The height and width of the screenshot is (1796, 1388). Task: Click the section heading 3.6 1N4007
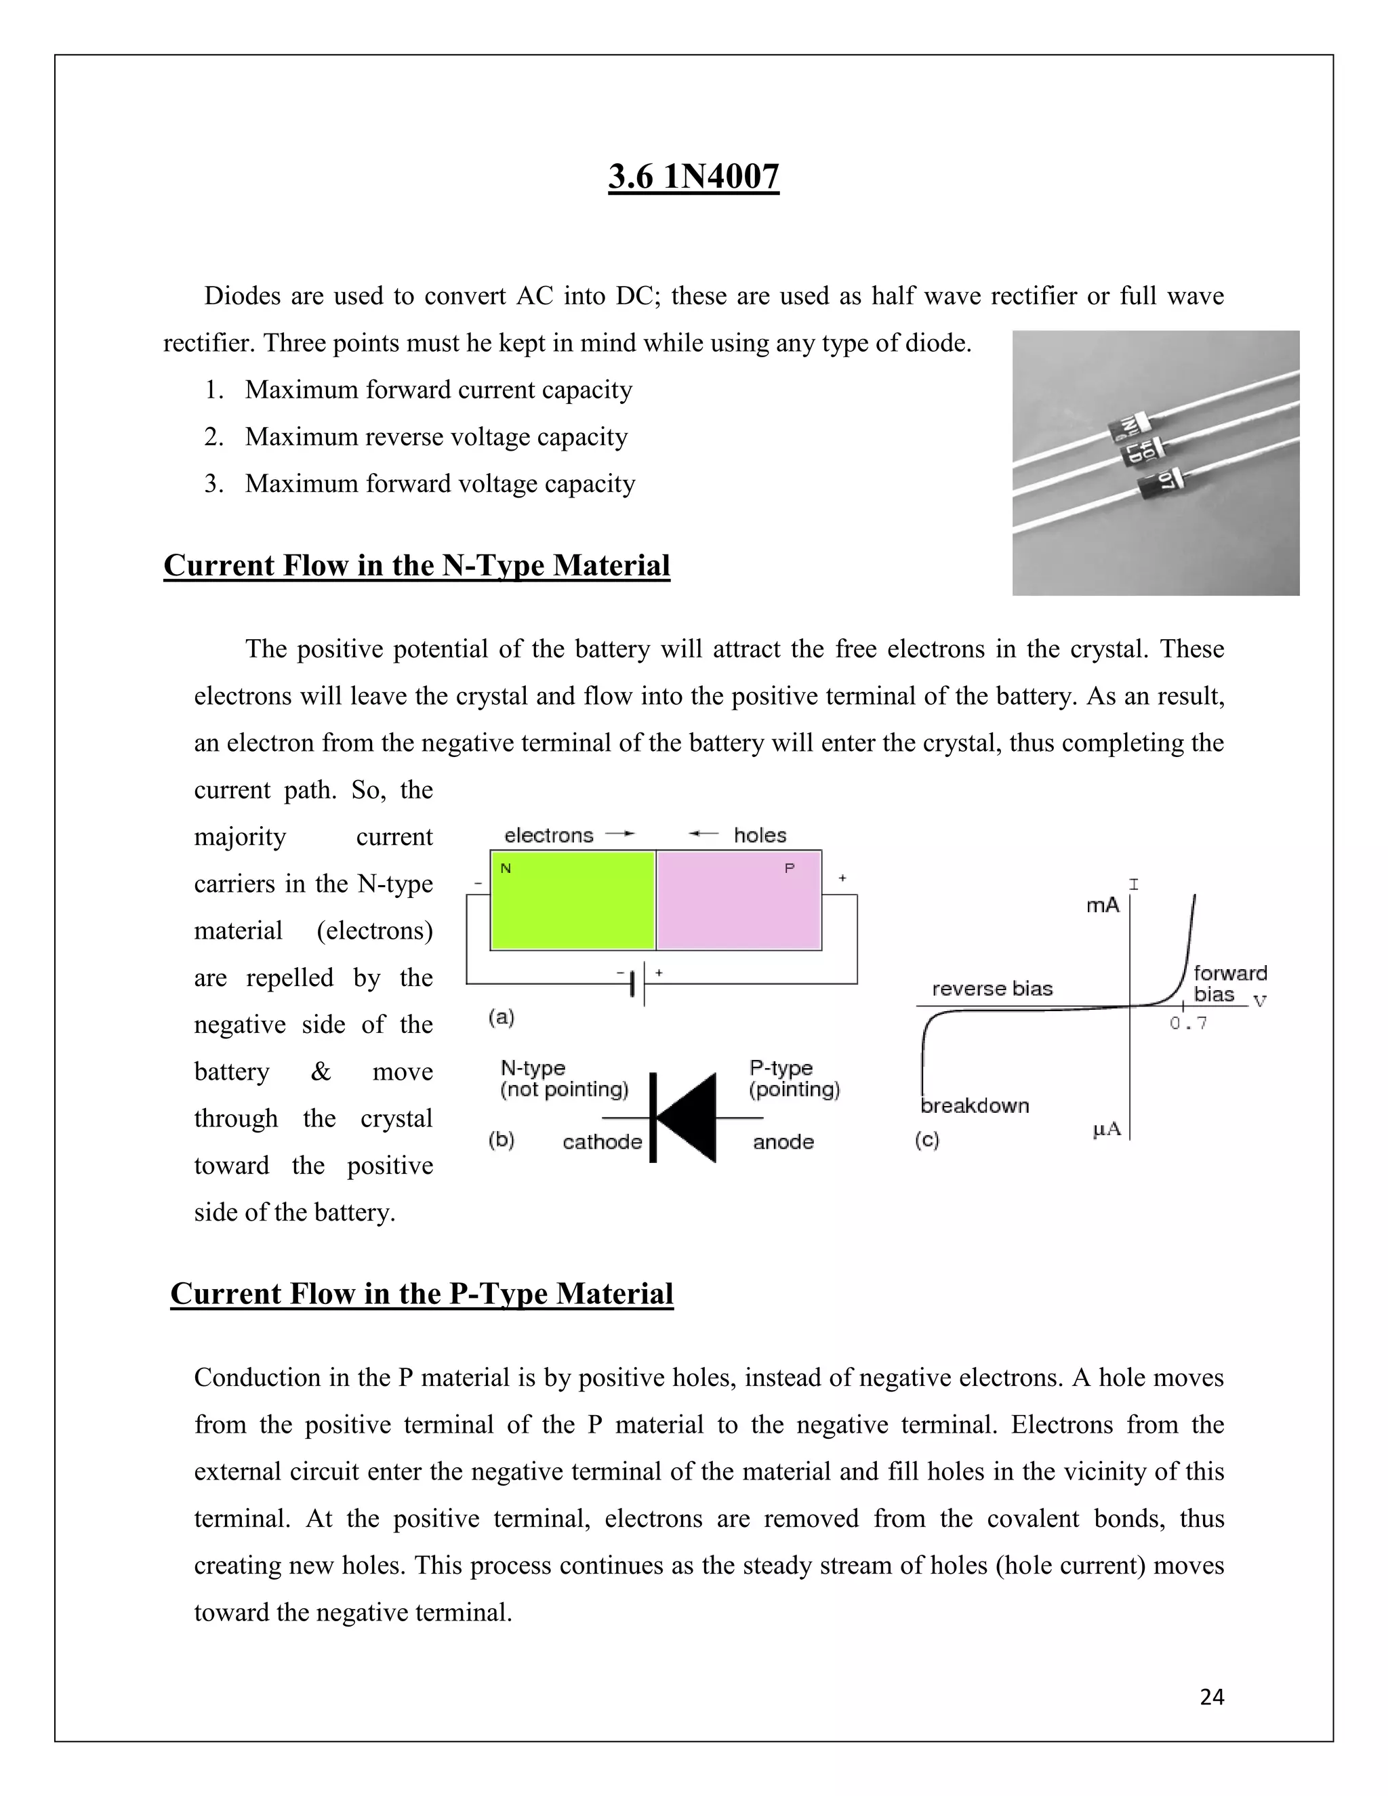click(693, 177)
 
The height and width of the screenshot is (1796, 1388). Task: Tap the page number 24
click(1211, 1696)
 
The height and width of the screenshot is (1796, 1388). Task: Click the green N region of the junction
click(572, 901)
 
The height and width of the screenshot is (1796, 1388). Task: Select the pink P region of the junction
click(739, 901)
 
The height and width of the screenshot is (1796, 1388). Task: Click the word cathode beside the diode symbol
click(602, 1141)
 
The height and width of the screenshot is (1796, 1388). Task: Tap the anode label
click(783, 1141)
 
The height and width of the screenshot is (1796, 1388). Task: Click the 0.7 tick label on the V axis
click(1188, 1024)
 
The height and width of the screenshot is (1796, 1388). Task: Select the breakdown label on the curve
click(975, 1105)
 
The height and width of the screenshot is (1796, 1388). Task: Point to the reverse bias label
click(992, 988)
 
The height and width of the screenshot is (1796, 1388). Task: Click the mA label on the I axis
click(1102, 905)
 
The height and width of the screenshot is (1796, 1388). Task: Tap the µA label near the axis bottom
click(1107, 1129)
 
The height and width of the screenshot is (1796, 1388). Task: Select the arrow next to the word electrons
click(620, 834)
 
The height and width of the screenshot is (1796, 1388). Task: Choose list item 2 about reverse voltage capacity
click(436, 436)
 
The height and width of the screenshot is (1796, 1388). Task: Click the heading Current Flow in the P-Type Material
click(422, 1294)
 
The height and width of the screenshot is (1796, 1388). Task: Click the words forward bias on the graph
click(1229, 983)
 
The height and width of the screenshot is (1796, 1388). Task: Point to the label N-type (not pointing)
click(563, 1078)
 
